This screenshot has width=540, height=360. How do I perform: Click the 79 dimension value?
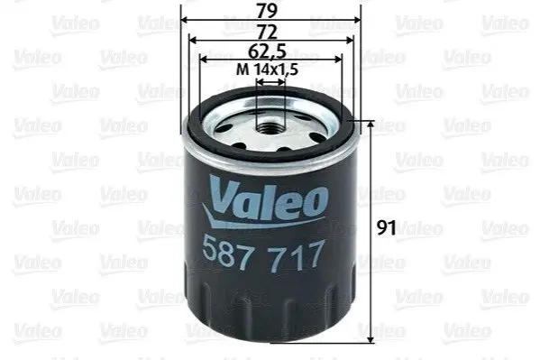[x=267, y=11]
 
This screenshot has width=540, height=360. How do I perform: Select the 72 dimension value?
[x=267, y=32]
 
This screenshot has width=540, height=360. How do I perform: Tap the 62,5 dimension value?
[x=267, y=51]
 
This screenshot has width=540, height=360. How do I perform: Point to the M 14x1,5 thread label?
[x=267, y=69]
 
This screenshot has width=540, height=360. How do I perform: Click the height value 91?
[x=387, y=227]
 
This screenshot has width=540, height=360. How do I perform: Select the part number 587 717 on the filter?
[x=263, y=254]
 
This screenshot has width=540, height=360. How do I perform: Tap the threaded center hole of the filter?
[x=270, y=129]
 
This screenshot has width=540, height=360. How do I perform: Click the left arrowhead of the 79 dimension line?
[x=185, y=20]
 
